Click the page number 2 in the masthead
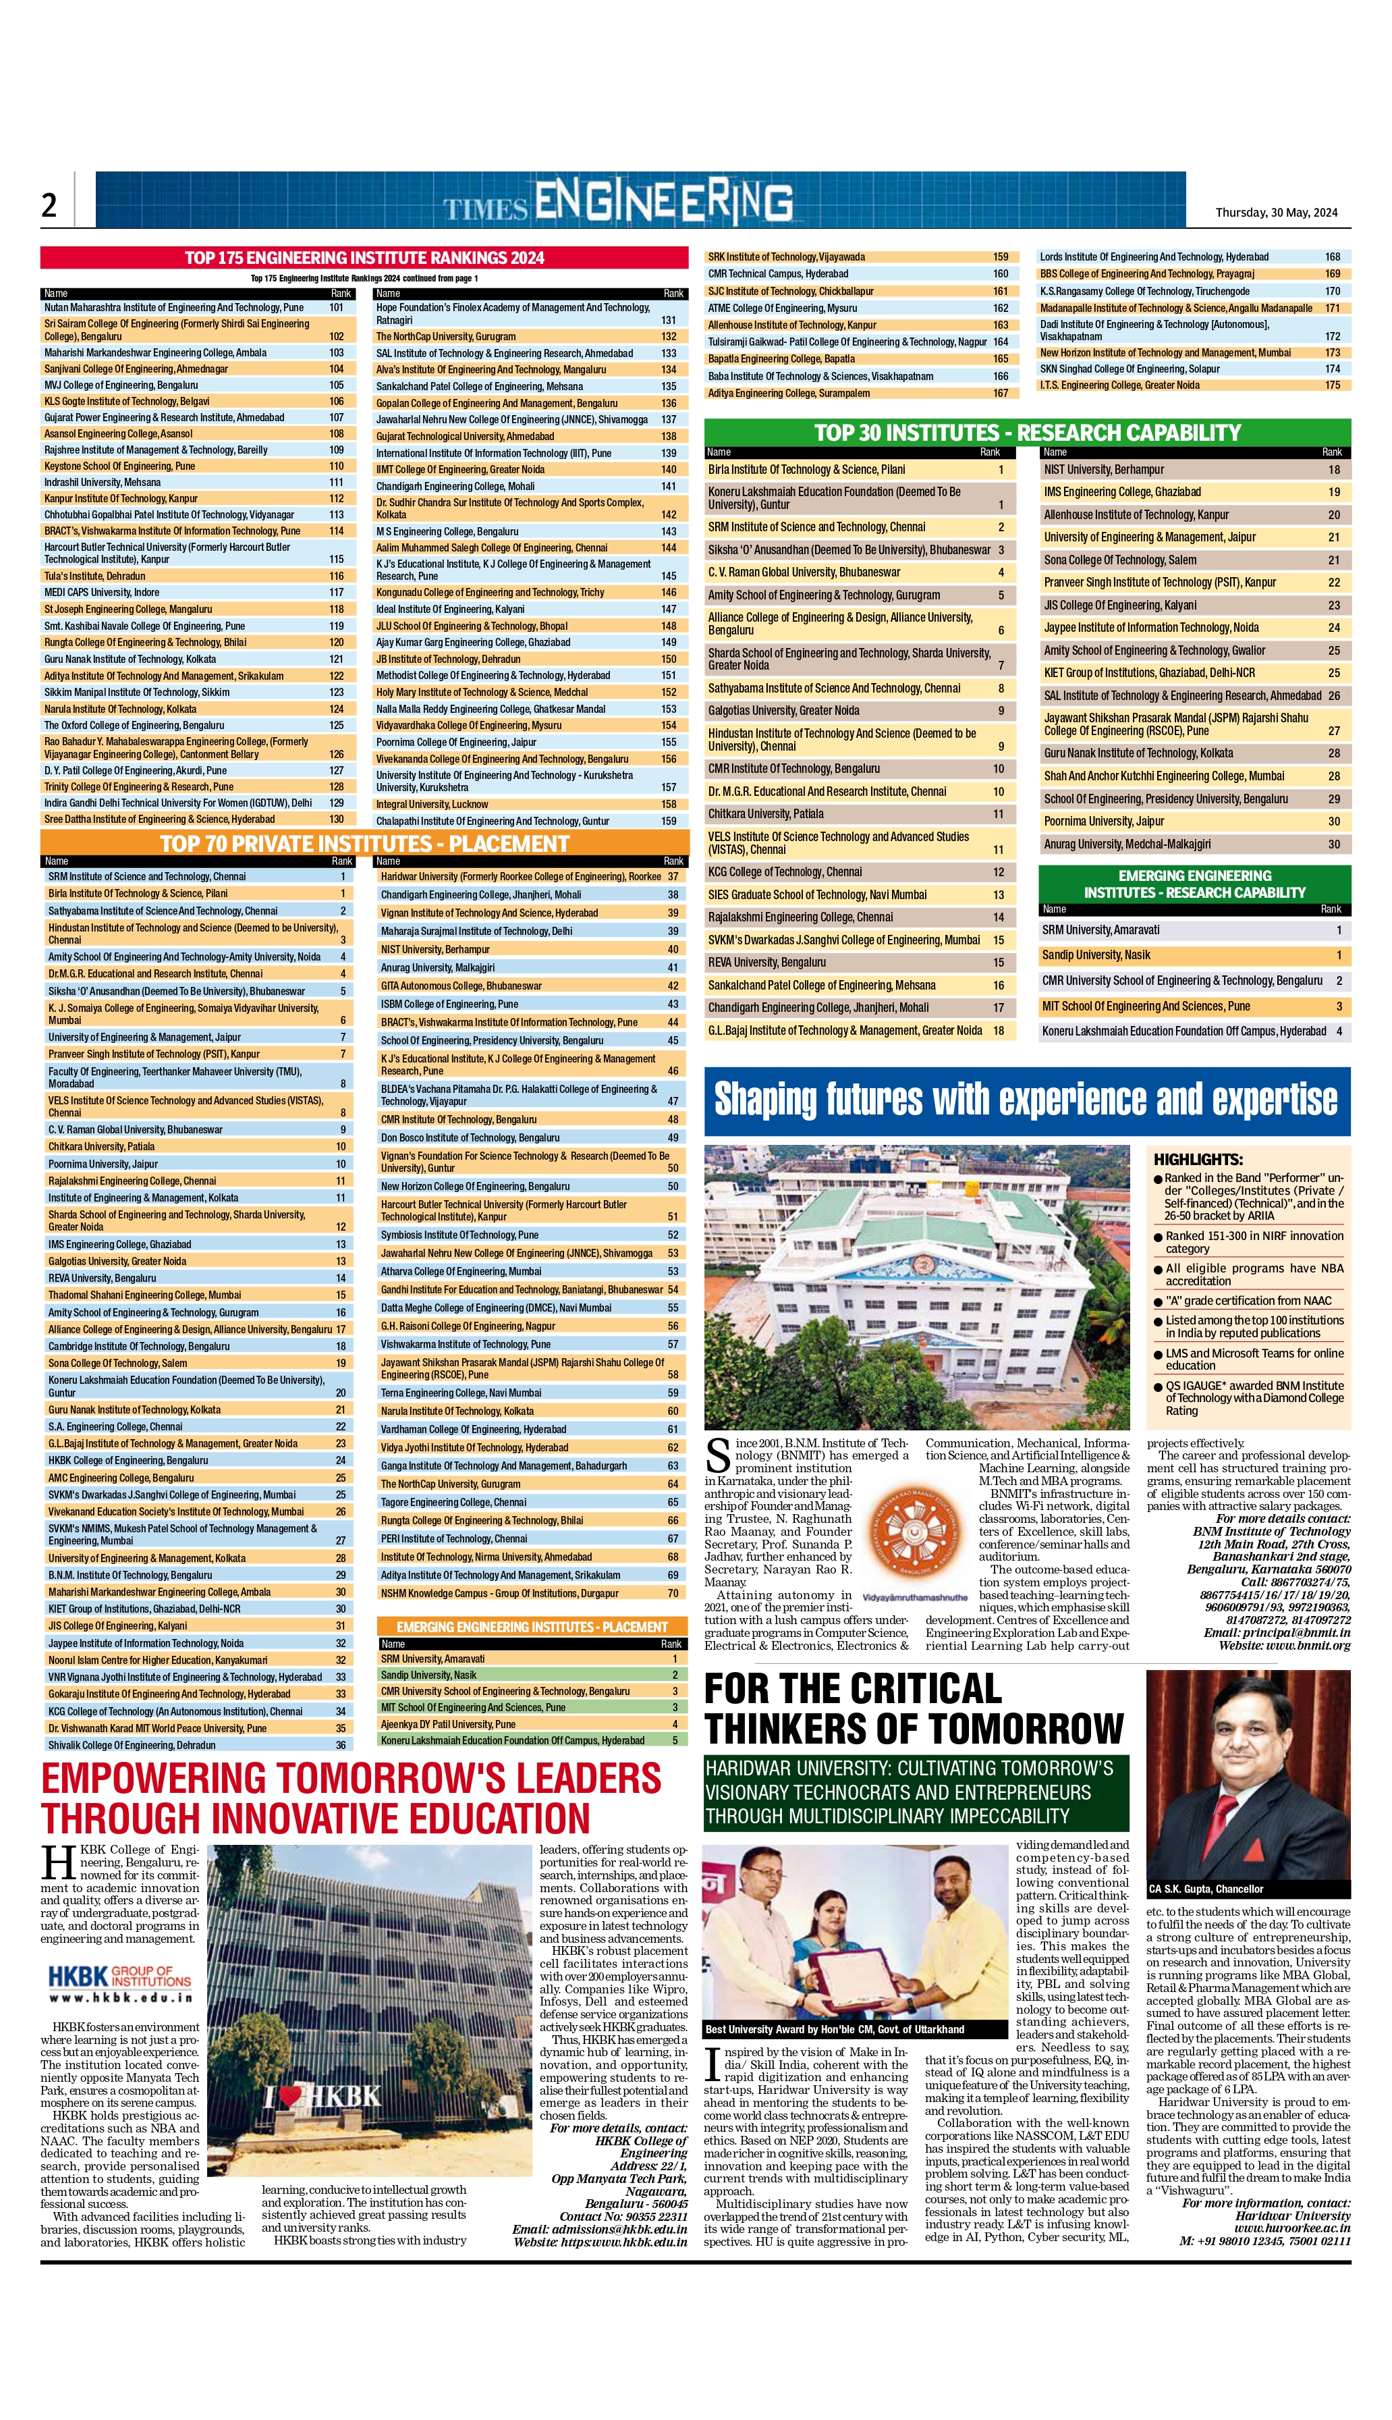click(x=49, y=204)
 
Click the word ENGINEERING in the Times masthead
click(x=663, y=202)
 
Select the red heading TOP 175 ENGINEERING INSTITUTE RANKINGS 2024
click(x=364, y=257)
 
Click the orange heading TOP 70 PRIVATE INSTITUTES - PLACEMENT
click(x=364, y=843)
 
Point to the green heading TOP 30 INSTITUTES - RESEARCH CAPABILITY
click(x=1027, y=432)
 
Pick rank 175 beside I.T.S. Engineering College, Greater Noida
click(x=1332, y=385)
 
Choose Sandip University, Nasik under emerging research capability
click(x=1096, y=955)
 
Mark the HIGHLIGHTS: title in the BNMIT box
click(x=1197, y=1159)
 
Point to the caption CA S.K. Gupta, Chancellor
click(x=1206, y=1889)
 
